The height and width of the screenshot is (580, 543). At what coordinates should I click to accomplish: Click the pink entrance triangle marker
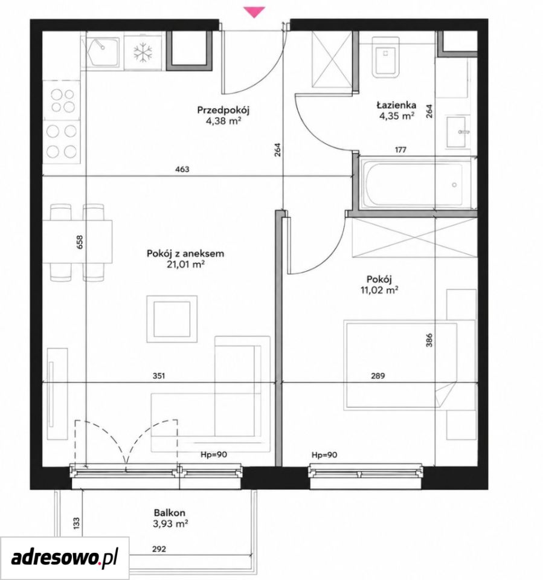coord(254,12)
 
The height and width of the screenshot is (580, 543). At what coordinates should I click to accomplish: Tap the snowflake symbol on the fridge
coord(143,52)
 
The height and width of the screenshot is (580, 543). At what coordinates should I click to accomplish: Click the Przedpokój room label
coord(223,110)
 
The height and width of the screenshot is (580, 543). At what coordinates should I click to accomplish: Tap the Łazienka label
coord(396,105)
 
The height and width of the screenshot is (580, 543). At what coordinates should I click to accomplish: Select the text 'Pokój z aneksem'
coord(185,254)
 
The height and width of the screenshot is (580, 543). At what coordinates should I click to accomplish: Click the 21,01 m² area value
coord(185,265)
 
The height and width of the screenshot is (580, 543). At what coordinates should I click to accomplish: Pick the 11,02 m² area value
coord(379,290)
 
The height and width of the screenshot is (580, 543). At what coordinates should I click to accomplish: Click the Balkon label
coord(170,513)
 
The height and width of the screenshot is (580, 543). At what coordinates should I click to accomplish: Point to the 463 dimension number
coord(182,169)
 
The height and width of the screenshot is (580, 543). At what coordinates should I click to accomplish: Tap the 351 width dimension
coord(159,376)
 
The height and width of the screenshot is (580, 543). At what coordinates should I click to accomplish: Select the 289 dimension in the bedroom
coord(378,376)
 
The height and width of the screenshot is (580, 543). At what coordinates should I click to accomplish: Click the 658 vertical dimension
coord(80,242)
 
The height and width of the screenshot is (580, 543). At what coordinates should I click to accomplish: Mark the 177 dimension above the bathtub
coord(400,150)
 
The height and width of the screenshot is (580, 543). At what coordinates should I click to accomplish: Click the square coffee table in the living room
coord(172,319)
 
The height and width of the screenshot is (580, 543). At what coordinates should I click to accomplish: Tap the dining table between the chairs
coord(77,242)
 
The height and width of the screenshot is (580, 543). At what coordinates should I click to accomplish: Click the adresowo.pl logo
coord(65,558)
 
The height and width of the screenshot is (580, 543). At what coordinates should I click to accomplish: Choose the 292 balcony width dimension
coord(159,549)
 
